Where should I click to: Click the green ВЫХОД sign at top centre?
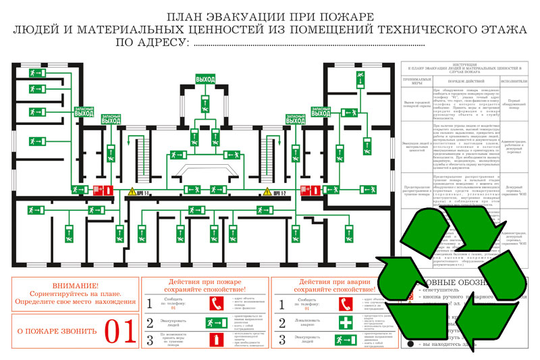(205, 80)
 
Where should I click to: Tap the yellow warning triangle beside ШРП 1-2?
(267, 193)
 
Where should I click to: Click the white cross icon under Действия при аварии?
(345, 323)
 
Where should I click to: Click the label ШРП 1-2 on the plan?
(281, 193)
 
